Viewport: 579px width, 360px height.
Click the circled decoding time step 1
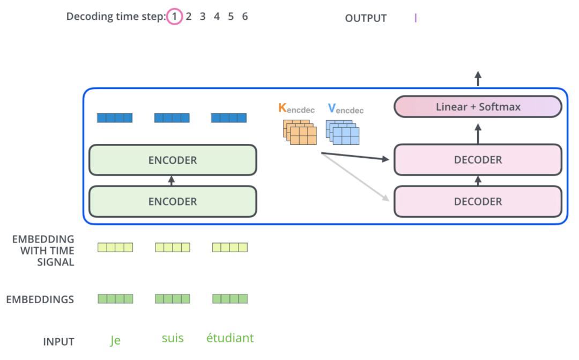click(174, 16)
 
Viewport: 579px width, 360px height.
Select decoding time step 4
click(217, 16)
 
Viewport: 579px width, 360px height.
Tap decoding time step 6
click(245, 16)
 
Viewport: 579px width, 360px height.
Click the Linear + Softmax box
click(478, 107)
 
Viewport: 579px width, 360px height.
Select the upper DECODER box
click(478, 160)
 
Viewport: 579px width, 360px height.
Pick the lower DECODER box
click(478, 201)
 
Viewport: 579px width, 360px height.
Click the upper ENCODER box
click(173, 160)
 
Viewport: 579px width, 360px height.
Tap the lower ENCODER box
click(173, 201)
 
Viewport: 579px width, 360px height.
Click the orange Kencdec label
click(296, 109)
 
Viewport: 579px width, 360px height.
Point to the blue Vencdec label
click(346, 109)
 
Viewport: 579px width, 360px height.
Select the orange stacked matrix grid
click(300, 132)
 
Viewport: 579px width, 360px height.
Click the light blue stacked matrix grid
click(342, 132)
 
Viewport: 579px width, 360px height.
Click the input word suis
click(173, 338)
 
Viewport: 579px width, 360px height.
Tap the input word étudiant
click(229, 338)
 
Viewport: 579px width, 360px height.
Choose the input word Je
click(115, 340)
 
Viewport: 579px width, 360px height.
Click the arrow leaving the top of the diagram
click(478, 78)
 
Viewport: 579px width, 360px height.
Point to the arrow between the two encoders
click(172, 181)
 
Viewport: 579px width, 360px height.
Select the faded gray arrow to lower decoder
click(355, 177)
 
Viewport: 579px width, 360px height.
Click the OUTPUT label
click(366, 18)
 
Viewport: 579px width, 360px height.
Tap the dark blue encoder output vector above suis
click(172, 118)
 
